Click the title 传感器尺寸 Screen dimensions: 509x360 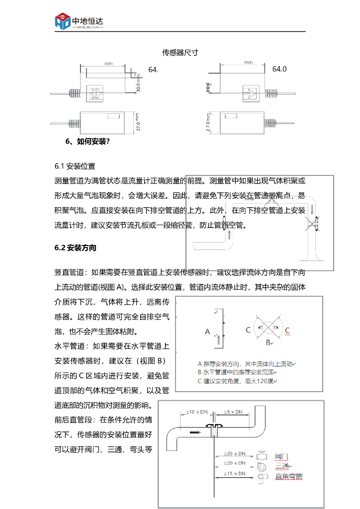[x=180, y=52]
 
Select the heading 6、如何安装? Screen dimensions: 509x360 [x=88, y=142]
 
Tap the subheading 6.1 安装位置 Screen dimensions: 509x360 [x=75, y=166]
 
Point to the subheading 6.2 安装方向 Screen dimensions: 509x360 [x=76, y=248]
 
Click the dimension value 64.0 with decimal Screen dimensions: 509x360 [x=279, y=69]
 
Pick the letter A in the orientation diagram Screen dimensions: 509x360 [x=207, y=331]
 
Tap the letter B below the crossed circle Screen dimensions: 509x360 [x=268, y=342]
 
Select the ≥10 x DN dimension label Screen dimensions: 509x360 [x=197, y=412]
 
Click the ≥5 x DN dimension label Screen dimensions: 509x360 [x=233, y=412]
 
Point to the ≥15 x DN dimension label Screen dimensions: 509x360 [x=235, y=474]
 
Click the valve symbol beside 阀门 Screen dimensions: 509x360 [x=262, y=455]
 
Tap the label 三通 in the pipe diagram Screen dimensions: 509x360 [x=282, y=466]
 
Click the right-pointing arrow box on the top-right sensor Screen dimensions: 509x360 [x=249, y=92]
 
